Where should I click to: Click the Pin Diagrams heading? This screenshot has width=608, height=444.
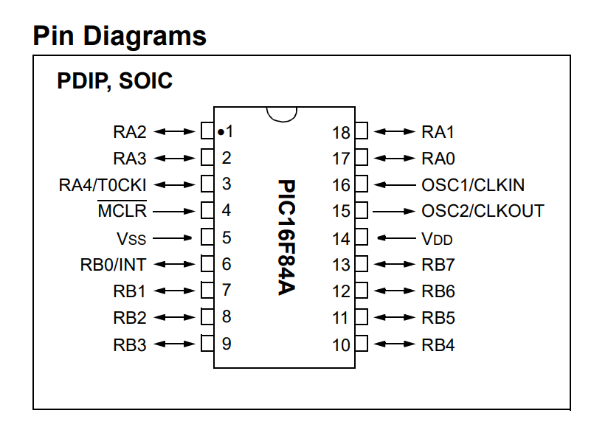click(120, 35)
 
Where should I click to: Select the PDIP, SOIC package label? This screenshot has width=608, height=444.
click(114, 80)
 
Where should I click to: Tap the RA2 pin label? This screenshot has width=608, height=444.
click(130, 132)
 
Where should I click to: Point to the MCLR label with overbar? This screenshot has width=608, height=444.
click(122, 211)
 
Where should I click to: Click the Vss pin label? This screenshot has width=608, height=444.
click(131, 237)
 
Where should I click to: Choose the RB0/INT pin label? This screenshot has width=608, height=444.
click(113, 264)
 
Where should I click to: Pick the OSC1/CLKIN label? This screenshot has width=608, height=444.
click(473, 185)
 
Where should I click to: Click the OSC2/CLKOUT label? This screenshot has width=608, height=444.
click(483, 211)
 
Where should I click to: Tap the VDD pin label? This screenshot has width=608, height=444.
click(437, 238)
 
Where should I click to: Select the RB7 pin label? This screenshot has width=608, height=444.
click(438, 265)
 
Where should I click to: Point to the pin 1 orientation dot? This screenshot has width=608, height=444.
click(220, 133)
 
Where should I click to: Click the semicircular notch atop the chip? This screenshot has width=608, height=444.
click(282, 113)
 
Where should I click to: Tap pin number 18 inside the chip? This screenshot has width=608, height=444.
click(341, 133)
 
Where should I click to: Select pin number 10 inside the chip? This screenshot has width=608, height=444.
click(341, 344)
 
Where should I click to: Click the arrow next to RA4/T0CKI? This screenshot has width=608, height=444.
click(176, 184)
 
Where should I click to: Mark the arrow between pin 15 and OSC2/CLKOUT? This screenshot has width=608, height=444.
click(394, 212)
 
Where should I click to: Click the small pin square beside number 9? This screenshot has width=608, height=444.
click(207, 344)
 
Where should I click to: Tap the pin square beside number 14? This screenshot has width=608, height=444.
click(362, 238)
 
